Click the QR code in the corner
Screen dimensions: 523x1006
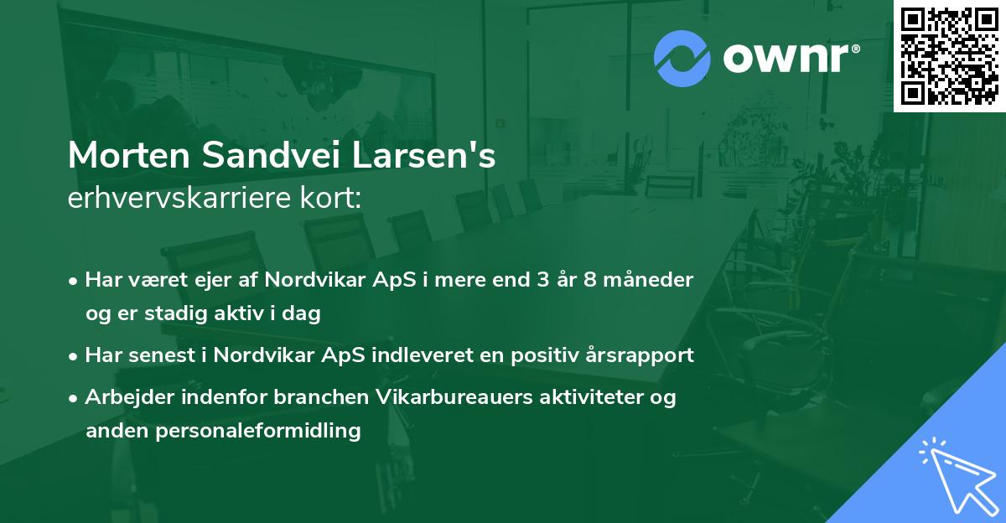950,56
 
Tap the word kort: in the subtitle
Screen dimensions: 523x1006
335,199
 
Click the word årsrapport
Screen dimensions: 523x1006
641,355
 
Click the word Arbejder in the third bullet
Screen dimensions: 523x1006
122,396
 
